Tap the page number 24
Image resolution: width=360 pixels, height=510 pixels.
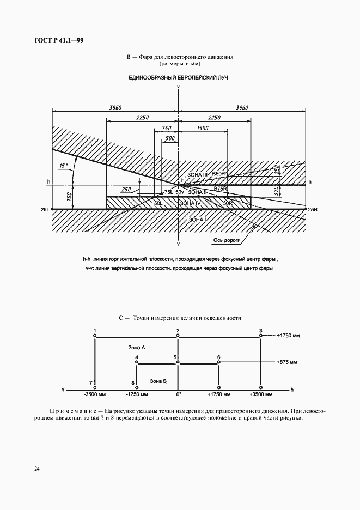coord(21,468)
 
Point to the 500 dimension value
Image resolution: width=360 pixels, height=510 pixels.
coord(169,139)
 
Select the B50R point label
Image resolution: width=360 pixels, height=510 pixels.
coord(219,173)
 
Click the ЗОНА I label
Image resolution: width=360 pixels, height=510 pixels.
coord(197,218)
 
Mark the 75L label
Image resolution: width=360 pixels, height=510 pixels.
coord(168,192)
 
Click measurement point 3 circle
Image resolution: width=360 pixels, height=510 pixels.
coord(261,337)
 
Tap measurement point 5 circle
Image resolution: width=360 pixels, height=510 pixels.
coord(178,363)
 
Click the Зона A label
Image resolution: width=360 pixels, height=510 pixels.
coord(136,347)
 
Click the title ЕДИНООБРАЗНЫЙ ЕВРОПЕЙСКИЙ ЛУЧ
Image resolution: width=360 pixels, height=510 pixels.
coord(178,77)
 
